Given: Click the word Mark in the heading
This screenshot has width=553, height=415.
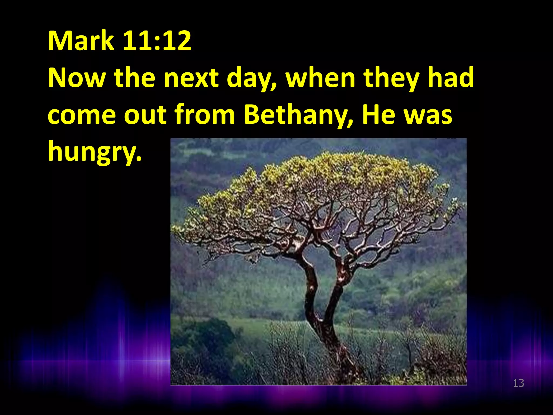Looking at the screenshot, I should click(81, 41).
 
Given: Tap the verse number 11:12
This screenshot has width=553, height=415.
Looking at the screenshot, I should click(157, 41).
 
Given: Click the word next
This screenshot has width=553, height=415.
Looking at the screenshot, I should click(191, 78).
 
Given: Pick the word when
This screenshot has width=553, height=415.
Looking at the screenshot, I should click(320, 78).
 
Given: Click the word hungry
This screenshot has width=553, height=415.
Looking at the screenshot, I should click(95, 152).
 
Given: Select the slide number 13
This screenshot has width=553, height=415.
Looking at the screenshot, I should click(518, 383).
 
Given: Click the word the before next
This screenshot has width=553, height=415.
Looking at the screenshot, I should click(135, 78).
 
